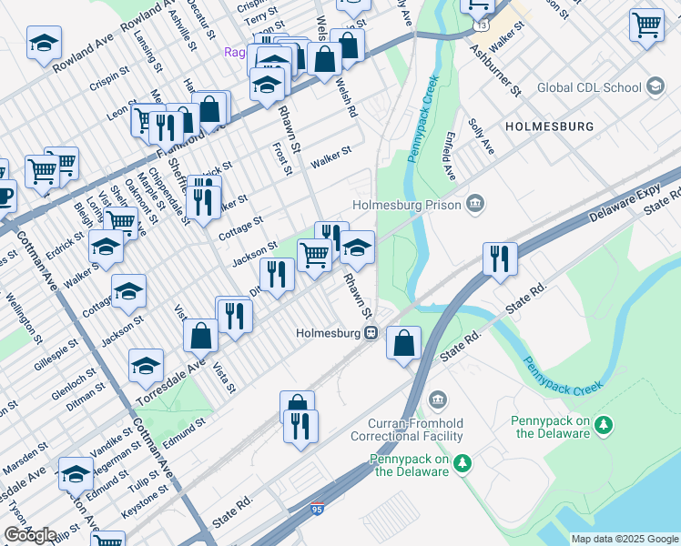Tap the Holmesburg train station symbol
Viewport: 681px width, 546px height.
point(371,332)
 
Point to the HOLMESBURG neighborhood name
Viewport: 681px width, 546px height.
point(549,126)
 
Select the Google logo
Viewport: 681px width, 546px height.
point(29,534)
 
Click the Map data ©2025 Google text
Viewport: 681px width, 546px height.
point(623,539)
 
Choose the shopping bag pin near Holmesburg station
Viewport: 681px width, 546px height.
point(403,344)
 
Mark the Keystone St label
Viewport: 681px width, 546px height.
point(146,500)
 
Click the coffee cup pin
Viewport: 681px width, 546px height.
point(5,195)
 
